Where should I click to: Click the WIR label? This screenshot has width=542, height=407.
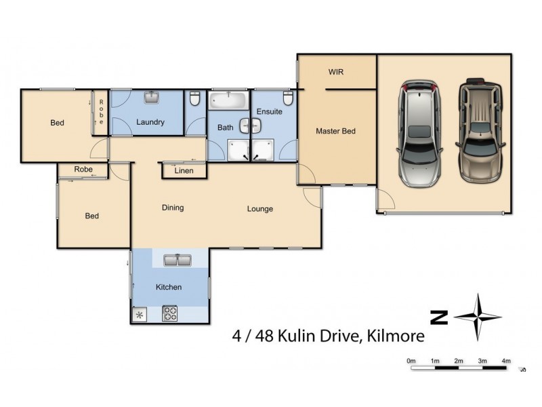(x=337, y=71)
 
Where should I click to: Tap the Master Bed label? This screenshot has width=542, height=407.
(x=335, y=131)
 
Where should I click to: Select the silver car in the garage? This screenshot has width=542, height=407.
(x=420, y=134)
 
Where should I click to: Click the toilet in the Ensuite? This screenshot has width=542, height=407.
(x=288, y=100)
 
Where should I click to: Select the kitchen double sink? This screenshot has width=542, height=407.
(x=178, y=259)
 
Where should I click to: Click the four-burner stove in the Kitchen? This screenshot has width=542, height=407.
(x=169, y=314)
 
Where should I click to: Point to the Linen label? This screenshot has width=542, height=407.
(x=184, y=171)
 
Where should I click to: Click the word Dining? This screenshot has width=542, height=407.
(x=173, y=208)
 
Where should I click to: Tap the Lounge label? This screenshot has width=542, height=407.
(x=259, y=209)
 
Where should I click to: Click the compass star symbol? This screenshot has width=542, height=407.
(x=478, y=317)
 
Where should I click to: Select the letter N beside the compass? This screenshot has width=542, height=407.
(x=440, y=317)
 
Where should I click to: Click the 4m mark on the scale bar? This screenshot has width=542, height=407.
(x=506, y=360)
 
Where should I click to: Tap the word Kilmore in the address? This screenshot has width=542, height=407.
(x=392, y=335)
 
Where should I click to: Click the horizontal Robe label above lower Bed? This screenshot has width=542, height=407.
(x=83, y=169)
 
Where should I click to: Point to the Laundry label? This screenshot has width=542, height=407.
(x=150, y=123)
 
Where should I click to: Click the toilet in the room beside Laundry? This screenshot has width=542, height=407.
(x=195, y=100)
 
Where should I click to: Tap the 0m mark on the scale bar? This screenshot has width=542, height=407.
(x=411, y=360)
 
